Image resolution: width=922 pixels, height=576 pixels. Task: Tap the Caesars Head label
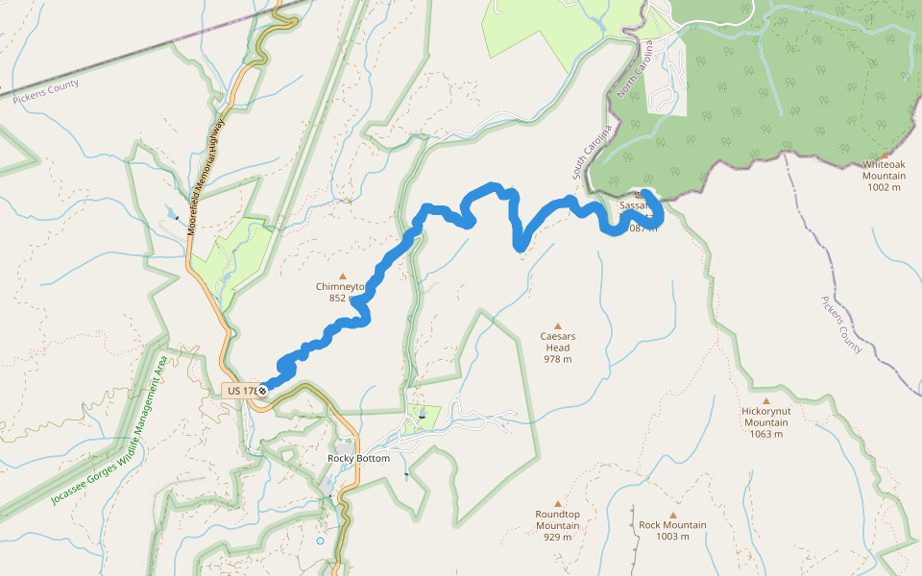557,342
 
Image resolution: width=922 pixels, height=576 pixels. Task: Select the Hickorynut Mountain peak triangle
765,401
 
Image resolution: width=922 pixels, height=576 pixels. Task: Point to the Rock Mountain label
672,525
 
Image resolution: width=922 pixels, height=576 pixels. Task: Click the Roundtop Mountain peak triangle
557,503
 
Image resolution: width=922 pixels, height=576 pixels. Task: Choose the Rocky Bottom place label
359,459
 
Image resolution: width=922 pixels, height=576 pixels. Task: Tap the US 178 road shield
242,391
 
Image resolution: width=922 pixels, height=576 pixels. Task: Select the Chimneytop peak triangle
342,276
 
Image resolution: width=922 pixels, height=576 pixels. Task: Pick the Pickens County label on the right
841,324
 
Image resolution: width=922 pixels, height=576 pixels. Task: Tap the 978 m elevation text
557,359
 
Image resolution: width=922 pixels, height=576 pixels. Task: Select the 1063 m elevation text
765,434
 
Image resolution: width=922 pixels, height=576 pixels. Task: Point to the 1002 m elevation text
884,187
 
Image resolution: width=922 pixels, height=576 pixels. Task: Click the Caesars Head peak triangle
557,324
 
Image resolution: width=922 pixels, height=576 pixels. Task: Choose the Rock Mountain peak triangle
672,515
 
